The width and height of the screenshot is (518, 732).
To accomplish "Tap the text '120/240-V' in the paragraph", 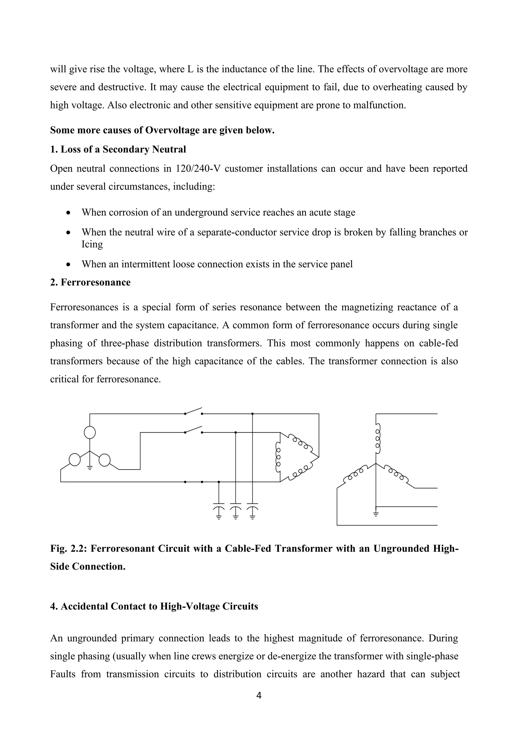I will coord(198,168).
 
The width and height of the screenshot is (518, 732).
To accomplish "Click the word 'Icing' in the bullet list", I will coord(92,244).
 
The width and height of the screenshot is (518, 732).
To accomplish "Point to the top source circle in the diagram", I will coord(90,433).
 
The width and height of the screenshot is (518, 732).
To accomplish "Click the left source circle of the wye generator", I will coord(75,460).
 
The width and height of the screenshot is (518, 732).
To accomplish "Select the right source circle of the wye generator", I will coord(105,460).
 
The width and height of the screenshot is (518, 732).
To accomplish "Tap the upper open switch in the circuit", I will coord(193,411).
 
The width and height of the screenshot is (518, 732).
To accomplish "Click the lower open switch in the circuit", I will coord(193,430).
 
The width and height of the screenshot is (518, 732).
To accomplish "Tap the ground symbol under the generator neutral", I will coord(90,468).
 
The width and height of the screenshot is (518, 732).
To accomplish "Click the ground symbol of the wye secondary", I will coord(376,514).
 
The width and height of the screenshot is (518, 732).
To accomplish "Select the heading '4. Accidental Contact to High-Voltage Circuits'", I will coord(154,606).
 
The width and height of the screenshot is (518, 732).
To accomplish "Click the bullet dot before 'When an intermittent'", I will coord(68,265).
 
